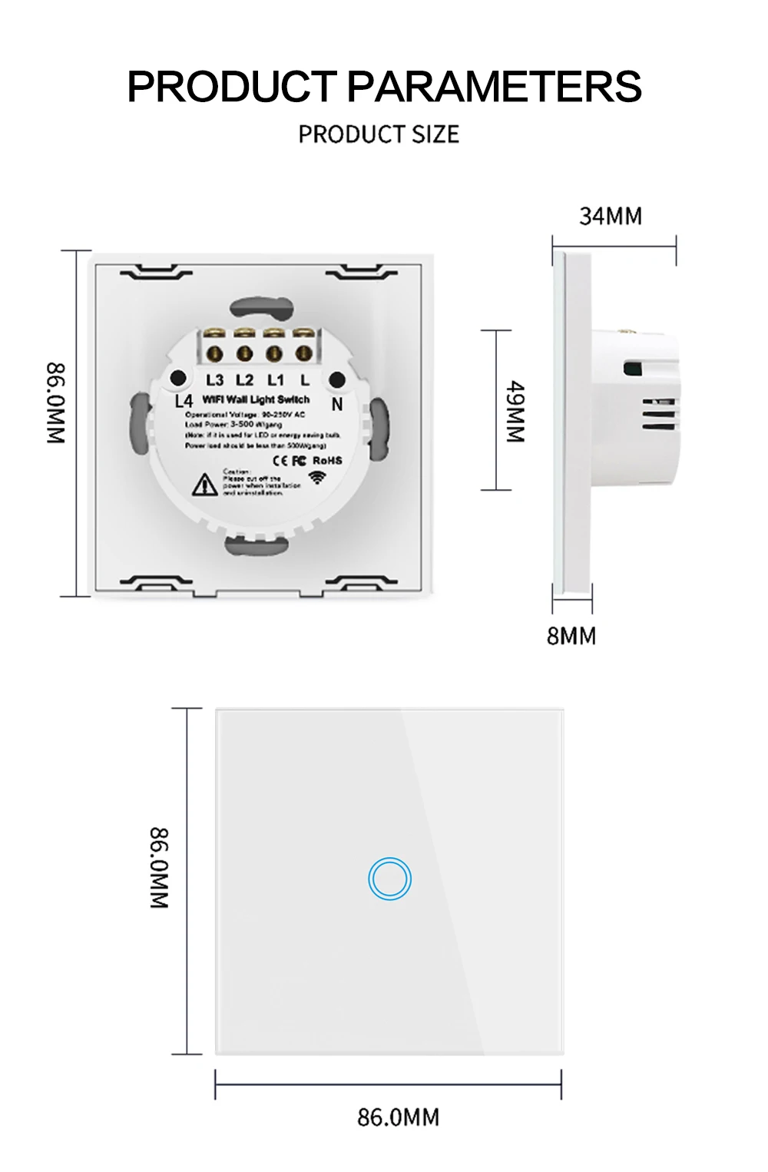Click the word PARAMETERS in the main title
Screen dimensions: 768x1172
[x=494, y=86]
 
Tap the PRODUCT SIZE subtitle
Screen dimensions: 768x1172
[x=379, y=134]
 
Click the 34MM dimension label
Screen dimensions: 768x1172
[x=611, y=217]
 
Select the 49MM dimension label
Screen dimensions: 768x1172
[x=515, y=412]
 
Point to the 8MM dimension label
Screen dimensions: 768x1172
[x=571, y=636]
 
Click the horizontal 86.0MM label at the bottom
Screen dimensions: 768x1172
[x=398, y=1117]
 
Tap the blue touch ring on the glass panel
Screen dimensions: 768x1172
[x=389, y=879]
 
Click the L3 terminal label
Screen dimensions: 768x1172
[x=214, y=380]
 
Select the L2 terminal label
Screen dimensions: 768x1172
[x=244, y=380]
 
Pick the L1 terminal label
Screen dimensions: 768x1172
[x=275, y=380]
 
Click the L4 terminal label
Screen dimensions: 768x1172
[x=184, y=401]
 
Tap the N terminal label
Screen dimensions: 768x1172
[x=336, y=404]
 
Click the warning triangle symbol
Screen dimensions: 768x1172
[x=204, y=485]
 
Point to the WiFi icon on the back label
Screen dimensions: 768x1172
[x=316, y=478]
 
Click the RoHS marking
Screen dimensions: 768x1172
[x=327, y=460]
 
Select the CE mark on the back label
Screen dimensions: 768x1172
[x=280, y=460]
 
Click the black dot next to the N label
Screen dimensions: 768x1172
[x=336, y=379]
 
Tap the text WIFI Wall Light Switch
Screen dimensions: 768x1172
[x=256, y=399]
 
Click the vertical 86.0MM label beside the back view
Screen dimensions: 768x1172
[x=57, y=403]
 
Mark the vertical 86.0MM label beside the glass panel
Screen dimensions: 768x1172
[x=159, y=868]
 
